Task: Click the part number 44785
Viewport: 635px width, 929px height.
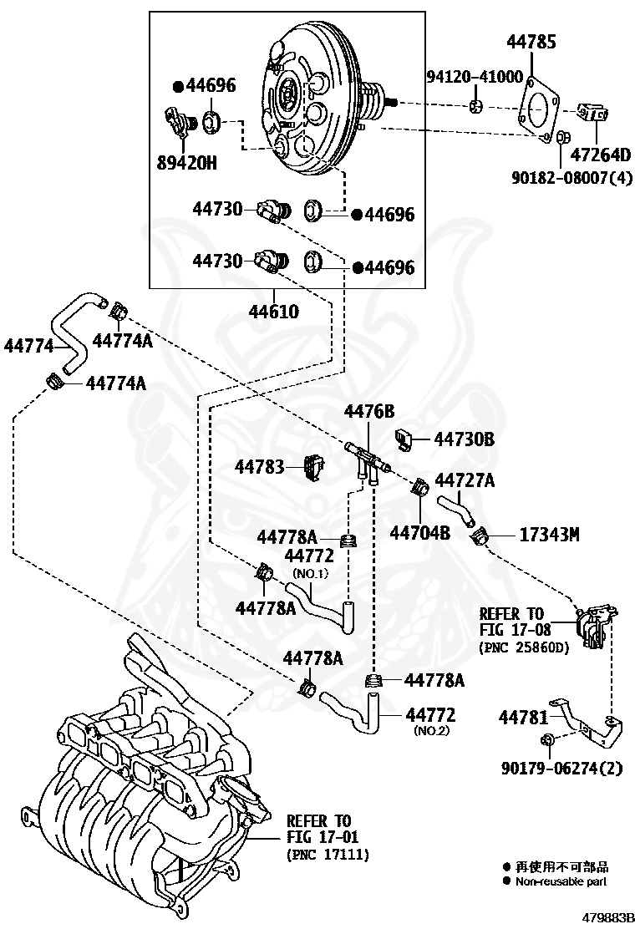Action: pyautogui.click(x=531, y=42)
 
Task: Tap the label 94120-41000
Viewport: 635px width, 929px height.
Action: pyautogui.click(x=475, y=76)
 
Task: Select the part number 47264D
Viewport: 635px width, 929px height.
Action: pyautogui.click(x=600, y=155)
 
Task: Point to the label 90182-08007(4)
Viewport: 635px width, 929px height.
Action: pyautogui.click(x=571, y=176)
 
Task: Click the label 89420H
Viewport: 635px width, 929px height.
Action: pyautogui.click(x=186, y=162)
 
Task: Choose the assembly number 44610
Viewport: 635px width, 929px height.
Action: pyautogui.click(x=274, y=311)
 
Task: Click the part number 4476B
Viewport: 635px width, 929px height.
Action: pyautogui.click(x=369, y=410)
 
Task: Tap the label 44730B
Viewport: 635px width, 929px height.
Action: pyautogui.click(x=465, y=439)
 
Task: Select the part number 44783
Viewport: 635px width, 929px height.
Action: pyautogui.click(x=260, y=467)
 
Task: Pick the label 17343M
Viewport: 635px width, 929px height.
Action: pyautogui.click(x=549, y=535)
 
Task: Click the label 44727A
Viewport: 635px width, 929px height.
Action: pyautogui.click(x=465, y=480)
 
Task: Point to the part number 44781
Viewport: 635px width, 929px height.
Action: pyautogui.click(x=524, y=718)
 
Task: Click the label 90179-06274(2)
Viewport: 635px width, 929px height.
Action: pyautogui.click(x=562, y=768)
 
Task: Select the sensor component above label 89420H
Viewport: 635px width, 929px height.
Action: pyautogui.click(x=180, y=123)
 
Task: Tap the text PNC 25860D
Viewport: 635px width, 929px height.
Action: pyautogui.click(x=523, y=647)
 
